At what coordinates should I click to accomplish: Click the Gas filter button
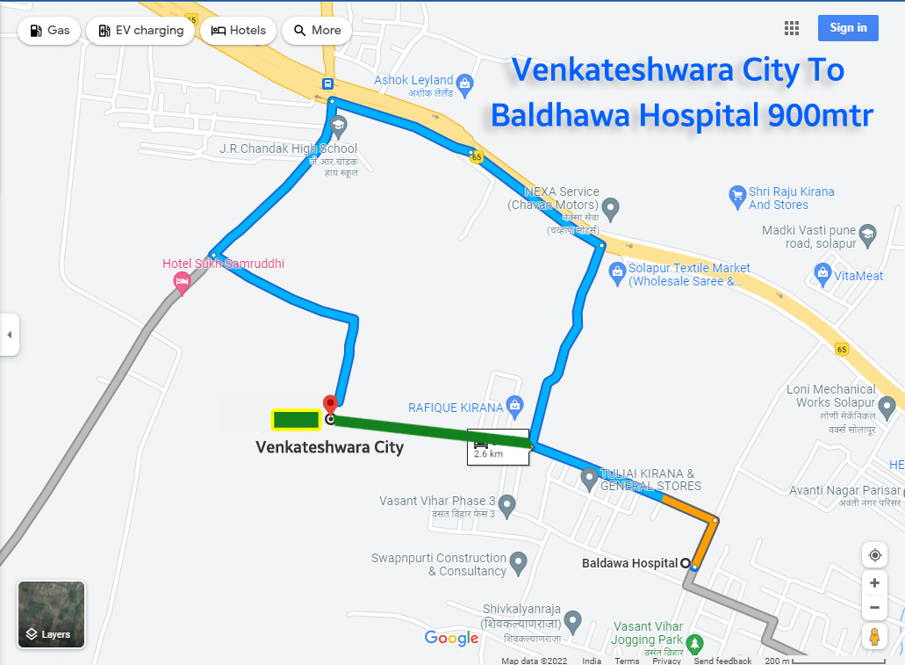coord(49,31)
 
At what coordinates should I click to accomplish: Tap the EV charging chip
coord(140,31)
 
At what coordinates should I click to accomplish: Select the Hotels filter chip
coord(239,31)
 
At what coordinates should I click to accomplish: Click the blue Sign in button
coord(847,28)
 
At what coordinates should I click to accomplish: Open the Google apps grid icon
coord(792,28)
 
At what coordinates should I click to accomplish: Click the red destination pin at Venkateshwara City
coord(330,405)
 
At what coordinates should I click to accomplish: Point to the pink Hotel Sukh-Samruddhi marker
coord(182,282)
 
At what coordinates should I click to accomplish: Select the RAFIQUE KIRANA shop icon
coord(514,406)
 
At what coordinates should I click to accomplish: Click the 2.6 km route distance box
coord(498,446)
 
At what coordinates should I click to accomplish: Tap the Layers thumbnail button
coord(51,614)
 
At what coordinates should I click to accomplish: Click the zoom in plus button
coord(873,583)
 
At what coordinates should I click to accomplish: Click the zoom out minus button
coord(873,608)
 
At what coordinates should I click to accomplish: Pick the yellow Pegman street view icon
coord(873,636)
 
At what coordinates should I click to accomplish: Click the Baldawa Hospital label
coord(629,563)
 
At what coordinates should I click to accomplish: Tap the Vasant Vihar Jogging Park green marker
coord(694,644)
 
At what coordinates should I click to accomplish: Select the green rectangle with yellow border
coord(296,420)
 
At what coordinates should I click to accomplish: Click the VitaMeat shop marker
coord(822,276)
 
